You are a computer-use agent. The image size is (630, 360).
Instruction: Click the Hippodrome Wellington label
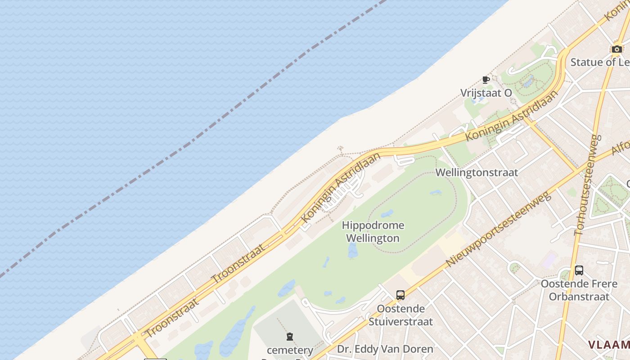pyautogui.click(x=373, y=232)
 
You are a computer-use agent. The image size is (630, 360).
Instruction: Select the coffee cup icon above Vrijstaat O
pyautogui.click(x=486, y=80)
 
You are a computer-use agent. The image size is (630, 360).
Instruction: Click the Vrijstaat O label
pyautogui.click(x=486, y=93)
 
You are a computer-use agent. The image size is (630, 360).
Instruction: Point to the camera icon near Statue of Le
pyautogui.click(x=616, y=49)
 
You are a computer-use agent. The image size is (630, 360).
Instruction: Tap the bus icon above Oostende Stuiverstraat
pyautogui.click(x=400, y=295)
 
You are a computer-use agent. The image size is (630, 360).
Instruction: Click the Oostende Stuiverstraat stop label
pyautogui.click(x=400, y=315)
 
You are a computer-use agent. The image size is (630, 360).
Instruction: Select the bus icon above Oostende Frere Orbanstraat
pyautogui.click(x=579, y=270)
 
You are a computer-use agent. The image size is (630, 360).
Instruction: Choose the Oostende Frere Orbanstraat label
pyautogui.click(x=578, y=290)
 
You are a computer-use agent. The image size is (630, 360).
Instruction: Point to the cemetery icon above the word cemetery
pyautogui.click(x=290, y=337)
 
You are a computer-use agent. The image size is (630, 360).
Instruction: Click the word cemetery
pyautogui.click(x=290, y=350)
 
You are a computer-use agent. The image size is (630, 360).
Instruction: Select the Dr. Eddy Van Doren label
pyautogui.click(x=385, y=349)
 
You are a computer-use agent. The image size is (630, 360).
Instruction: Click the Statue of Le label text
pyautogui.click(x=600, y=62)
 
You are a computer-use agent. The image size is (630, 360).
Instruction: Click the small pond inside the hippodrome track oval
pyautogui.click(x=387, y=213)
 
